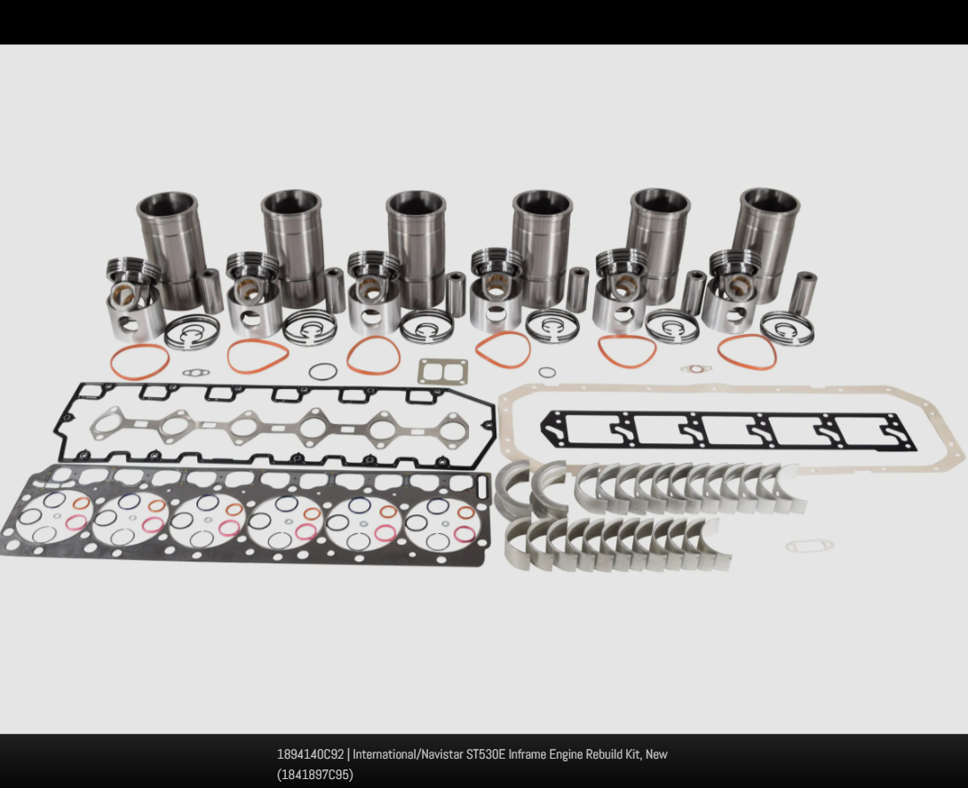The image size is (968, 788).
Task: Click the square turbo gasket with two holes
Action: click(442, 371)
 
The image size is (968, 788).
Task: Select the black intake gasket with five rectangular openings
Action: click(728, 431)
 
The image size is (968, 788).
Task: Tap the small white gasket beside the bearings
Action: click(809, 546)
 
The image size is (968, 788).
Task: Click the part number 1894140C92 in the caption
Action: click(310, 754)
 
